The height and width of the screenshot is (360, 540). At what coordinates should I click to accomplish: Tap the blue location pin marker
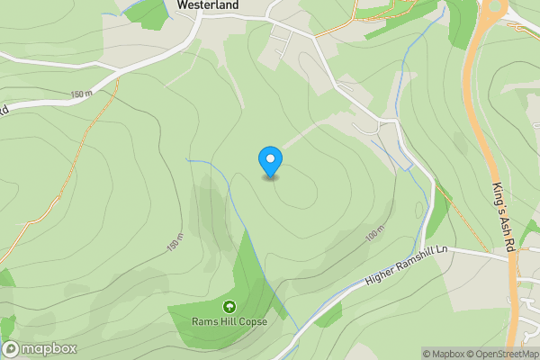pos(270,162)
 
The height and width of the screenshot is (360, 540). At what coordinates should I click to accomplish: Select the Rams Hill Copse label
pos(229,321)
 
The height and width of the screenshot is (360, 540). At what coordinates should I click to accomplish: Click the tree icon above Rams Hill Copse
pos(229,307)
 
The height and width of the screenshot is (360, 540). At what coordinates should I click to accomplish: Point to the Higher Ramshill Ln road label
pos(407,267)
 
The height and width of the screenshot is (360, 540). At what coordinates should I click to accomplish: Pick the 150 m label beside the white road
pos(82,94)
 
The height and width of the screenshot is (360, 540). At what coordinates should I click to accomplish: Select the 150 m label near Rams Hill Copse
pos(175,244)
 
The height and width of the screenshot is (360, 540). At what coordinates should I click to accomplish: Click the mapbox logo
pos(40,349)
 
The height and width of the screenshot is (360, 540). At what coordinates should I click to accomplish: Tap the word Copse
pos(251,321)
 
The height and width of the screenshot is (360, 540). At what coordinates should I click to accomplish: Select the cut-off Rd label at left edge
pos(4,111)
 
